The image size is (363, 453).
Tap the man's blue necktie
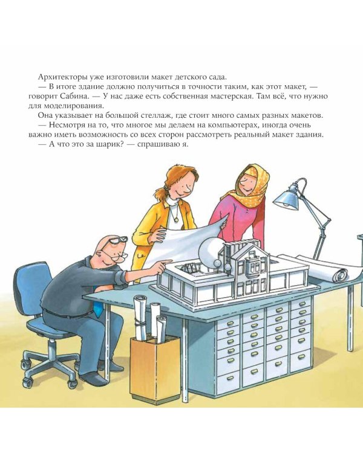tap(97, 310)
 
